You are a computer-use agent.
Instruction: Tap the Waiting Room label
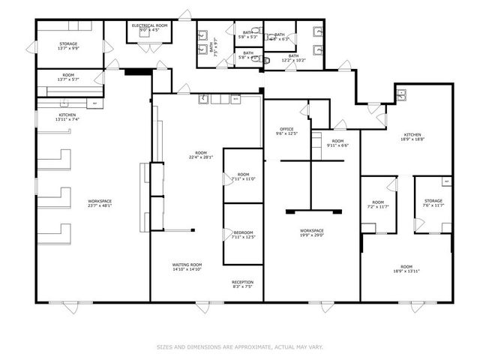pos(187,267)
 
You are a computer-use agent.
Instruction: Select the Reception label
pos(242,284)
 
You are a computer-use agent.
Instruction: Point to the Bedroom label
pos(242,235)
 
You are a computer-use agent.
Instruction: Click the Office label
pos(287,131)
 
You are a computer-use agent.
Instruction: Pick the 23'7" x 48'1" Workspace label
pos(99,203)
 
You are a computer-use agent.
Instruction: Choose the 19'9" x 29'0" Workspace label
pos(311,233)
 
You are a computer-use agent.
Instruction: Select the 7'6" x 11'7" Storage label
pos(433,203)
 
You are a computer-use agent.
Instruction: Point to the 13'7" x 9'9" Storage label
pos(68,46)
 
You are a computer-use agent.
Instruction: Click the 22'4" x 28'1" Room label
pos(202,155)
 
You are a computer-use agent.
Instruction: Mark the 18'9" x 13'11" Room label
pos(406,269)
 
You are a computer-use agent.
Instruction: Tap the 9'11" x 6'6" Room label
pos(338,143)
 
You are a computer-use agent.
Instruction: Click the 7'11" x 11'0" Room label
pos(244,177)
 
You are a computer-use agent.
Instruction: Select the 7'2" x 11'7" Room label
pos(377,204)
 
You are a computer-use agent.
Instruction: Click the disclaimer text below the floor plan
pos(240,346)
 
